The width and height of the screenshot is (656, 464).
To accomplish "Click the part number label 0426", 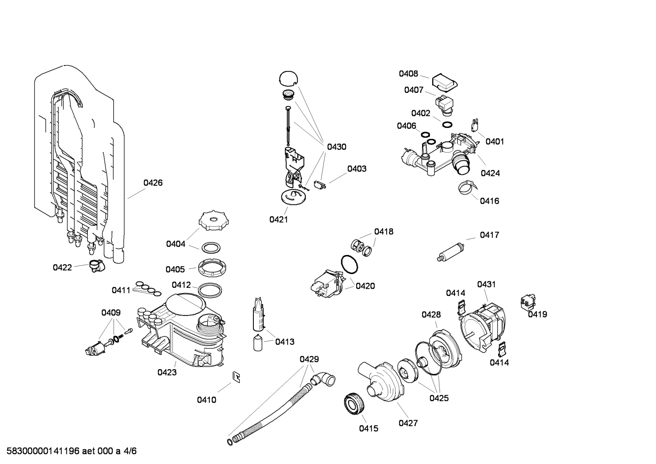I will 153,183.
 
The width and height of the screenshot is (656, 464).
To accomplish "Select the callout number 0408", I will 408,74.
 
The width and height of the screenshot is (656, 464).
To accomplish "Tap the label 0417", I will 489,235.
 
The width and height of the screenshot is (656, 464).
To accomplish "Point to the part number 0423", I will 167,372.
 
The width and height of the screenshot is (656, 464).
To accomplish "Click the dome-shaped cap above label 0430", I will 288,78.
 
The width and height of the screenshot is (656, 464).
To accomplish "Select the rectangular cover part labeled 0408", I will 444,82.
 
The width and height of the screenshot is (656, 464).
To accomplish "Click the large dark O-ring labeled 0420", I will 349,264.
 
